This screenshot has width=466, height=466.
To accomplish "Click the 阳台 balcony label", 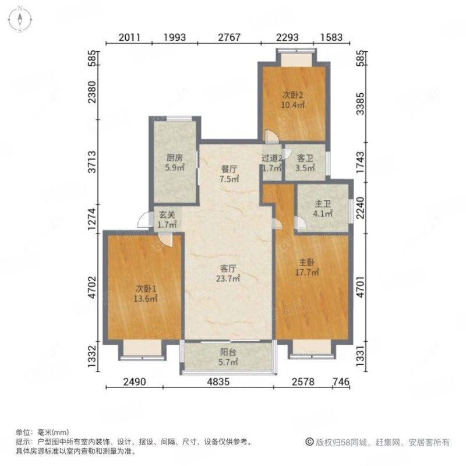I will click(228, 356).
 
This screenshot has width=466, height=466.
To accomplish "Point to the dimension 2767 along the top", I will click(229, 37).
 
